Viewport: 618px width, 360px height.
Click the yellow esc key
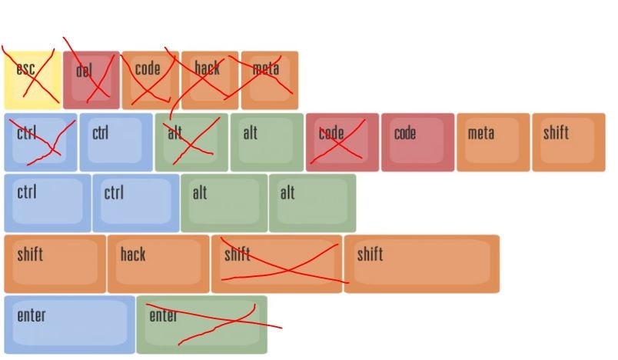point(32,80)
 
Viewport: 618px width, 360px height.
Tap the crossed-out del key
point(91,80)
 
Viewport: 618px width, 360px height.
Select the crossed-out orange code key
point(151,80)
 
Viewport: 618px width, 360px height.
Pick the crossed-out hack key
point(210,80)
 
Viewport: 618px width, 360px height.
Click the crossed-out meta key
point(269,80)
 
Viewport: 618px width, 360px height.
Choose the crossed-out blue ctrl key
point(40,142)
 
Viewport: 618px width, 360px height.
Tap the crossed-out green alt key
point(191,142)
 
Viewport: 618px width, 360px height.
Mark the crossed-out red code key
point(342,142)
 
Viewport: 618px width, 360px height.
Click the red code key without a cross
point(417,142)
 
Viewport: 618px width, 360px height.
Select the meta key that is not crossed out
point(493,142)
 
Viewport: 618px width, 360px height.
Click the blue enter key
point(69,325)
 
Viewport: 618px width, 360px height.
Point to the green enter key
point(202,325)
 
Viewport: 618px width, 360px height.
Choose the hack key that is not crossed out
point(158,264)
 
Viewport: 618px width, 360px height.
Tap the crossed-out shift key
point(277,264)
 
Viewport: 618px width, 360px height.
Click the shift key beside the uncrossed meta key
point(568,142)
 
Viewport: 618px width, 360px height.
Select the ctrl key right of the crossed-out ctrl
point(116,142)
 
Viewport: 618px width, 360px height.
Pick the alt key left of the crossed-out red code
point(267,142)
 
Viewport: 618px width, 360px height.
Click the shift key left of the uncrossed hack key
point(55,264)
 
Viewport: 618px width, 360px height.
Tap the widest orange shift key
point(422,264)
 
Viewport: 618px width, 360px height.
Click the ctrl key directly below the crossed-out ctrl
point(48,203)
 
